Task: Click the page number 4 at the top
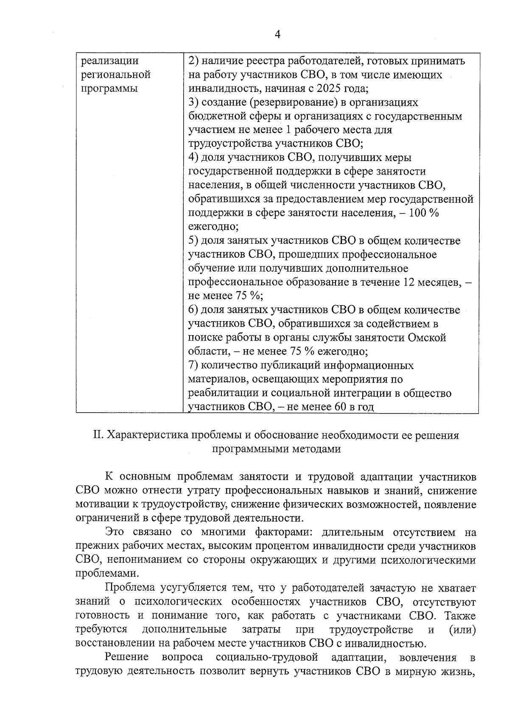277,34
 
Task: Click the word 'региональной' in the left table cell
115,75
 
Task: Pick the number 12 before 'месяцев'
407,282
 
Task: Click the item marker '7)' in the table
193,365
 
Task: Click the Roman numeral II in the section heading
98,436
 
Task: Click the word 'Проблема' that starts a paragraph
129,588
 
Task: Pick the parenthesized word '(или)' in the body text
462,630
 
